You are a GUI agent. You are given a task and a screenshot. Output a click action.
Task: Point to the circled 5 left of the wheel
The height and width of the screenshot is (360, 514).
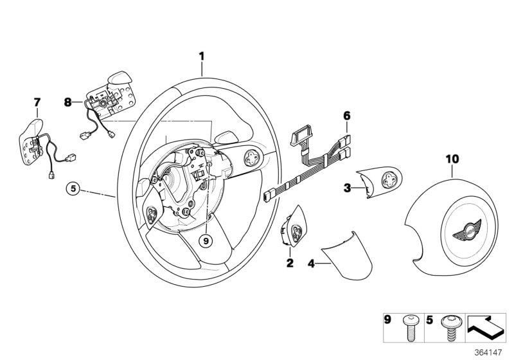[74, 189]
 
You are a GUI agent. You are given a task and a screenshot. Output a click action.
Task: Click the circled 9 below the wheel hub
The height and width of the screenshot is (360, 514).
[205, 241]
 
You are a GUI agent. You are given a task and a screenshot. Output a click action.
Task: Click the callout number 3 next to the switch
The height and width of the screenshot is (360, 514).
[346, 188]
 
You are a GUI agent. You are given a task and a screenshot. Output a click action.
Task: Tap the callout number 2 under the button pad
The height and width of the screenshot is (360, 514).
[290, 263]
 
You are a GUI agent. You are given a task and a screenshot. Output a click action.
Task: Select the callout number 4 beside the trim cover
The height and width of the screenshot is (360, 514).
[310, 263]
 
